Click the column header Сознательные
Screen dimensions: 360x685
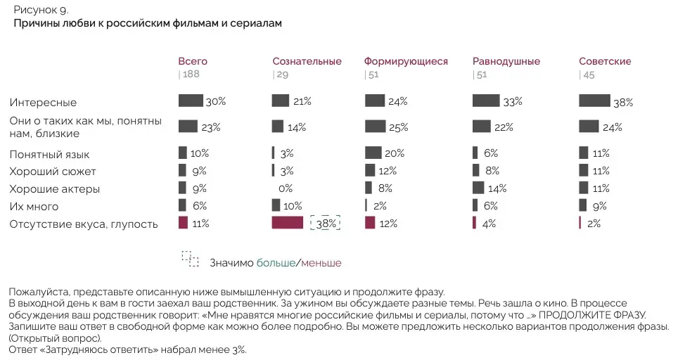click(307, 61)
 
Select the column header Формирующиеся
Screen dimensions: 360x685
click(406, 61)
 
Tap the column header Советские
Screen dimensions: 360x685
click(605, 61)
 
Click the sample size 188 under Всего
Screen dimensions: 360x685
click(191, 75)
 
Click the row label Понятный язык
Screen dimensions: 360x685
click(49, 154)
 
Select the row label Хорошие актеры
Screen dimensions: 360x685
click(54, 189)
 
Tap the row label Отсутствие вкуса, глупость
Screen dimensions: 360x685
click(83, 224)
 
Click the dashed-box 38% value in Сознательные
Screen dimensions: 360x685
click(326, 223)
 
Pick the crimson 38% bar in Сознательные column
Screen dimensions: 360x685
click(287, 223)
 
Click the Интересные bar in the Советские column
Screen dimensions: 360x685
click(594, 101)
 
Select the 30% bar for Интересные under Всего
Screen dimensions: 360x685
click(191, 101)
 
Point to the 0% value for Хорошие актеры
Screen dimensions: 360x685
click(286, 188)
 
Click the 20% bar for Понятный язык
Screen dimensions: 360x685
click(373, 153)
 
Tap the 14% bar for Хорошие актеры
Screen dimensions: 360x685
click(478, 188)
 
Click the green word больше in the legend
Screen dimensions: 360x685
click(276, 263)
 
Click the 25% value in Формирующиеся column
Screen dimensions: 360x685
click(398, 127)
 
